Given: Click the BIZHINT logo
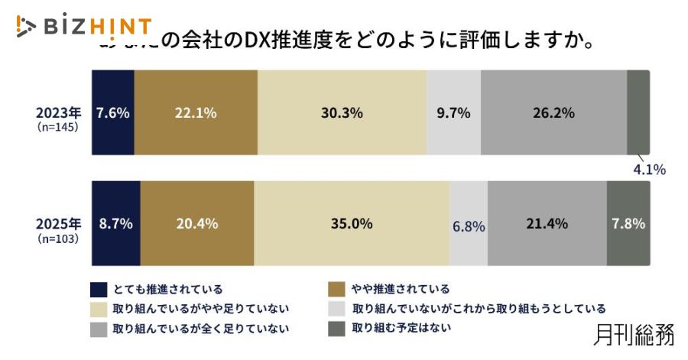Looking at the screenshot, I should (84, 27).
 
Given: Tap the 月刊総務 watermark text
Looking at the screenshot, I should (634, 336).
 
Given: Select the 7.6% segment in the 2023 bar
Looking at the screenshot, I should (112, 112).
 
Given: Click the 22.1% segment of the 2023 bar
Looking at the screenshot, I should (196, 112).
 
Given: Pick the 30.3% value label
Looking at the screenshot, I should (342, 112).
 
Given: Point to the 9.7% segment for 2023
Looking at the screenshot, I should (453, 112).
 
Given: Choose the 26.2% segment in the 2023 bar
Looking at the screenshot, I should (553, 112).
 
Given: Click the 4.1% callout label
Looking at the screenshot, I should (647, 169).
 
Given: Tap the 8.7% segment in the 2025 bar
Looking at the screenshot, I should (115, 224).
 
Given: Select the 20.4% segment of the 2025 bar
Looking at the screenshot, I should (197, 224).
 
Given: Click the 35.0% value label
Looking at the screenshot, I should (352, 224).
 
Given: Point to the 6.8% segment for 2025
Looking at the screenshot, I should (469, 225).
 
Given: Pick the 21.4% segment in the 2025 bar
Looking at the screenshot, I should (547, 224).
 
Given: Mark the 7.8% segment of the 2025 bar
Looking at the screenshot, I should (628, 224).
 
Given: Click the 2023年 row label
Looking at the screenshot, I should (58, 113).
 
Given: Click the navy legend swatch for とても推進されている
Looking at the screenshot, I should (99, 289).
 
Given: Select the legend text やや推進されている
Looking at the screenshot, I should (401, 289).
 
